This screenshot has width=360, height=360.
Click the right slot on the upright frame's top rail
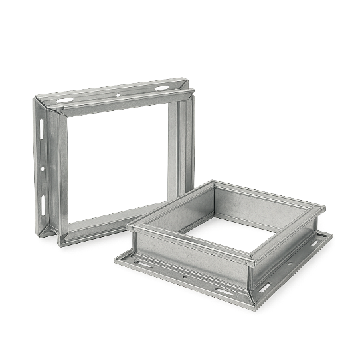point(162,87)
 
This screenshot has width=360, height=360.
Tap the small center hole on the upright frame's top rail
point(117,93)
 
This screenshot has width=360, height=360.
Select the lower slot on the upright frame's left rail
point(44,199)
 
